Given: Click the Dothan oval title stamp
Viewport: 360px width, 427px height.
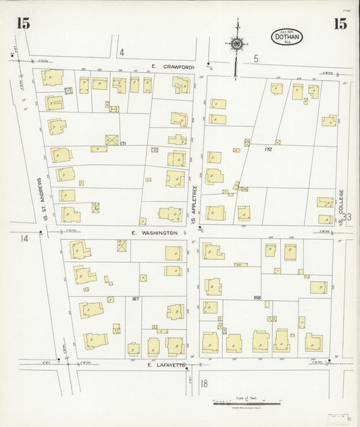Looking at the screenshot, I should (287, 36).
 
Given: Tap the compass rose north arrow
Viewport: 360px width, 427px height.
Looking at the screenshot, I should (236, 43).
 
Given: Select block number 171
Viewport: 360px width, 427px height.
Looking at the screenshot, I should (123, 144).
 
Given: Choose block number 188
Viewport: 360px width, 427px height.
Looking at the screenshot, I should (257, 297).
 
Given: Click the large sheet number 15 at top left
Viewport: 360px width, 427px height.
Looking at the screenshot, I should (23, 24).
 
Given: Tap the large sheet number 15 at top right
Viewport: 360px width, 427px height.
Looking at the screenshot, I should (339, 24).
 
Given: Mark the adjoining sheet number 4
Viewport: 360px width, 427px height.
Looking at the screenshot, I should (122, 52).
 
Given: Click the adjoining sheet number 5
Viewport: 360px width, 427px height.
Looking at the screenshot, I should (256, 59).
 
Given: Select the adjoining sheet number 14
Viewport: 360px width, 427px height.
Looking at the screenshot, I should (25, 238).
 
